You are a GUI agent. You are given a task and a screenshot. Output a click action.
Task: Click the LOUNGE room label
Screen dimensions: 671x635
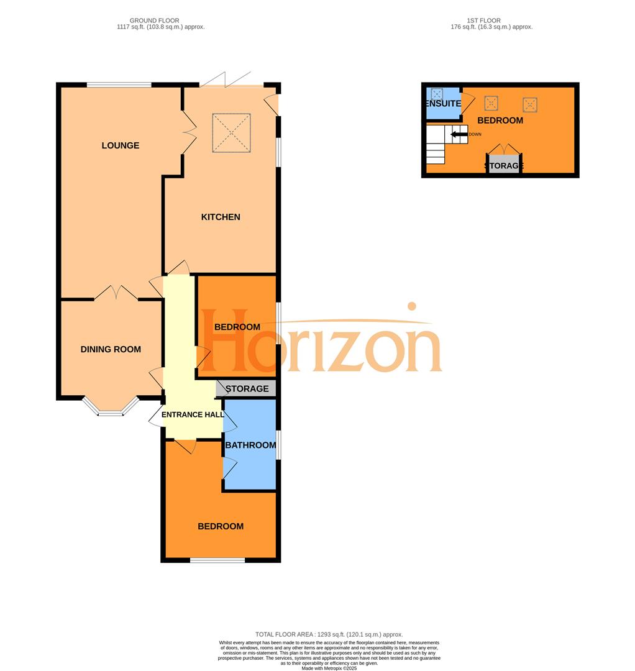pos(121,145)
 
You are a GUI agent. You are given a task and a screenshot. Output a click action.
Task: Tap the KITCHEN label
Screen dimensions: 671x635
pos(220,217)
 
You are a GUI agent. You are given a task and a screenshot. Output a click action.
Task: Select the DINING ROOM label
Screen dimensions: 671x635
pos(111,349)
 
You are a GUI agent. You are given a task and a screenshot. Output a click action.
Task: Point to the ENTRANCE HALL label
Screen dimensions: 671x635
pos(193,415)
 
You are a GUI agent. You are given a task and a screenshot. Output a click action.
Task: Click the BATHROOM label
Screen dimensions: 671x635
pos(250,445)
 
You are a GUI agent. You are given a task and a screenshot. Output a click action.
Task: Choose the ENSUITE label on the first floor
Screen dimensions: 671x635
pos(442,104)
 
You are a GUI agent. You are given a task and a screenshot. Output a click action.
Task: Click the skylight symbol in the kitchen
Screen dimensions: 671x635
pos(231,132)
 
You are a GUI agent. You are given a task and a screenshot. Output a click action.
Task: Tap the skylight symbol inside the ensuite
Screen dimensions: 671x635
pos(437,94)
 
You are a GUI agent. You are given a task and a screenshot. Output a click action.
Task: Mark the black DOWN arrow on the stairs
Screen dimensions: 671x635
pos(459,134)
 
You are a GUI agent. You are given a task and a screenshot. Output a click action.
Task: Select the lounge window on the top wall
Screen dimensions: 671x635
pos(119,84)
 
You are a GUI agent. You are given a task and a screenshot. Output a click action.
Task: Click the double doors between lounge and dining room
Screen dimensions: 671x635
pos(116,293)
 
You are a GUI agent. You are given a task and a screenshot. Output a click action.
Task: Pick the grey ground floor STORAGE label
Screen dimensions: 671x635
pos(247,389)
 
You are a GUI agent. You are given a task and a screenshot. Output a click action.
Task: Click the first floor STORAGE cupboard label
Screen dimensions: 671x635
pos(503,166)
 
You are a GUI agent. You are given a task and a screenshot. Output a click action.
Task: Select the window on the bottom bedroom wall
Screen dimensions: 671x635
pos(217,560)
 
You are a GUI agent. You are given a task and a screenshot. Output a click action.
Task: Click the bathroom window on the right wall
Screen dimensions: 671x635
pos(278,445)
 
